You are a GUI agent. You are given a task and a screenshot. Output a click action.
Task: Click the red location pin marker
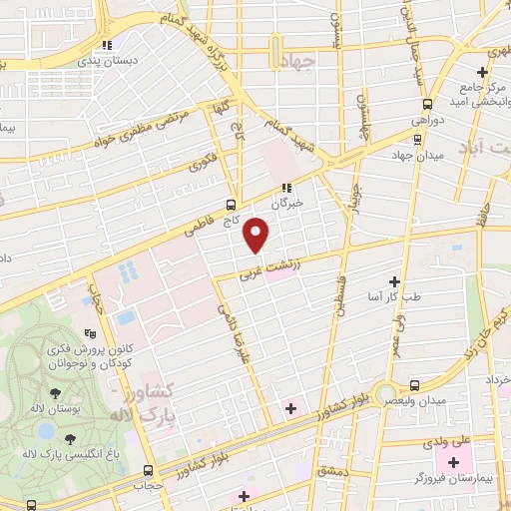click(x=257, y=234)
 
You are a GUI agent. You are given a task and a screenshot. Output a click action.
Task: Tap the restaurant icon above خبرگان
click(x=285, y=187)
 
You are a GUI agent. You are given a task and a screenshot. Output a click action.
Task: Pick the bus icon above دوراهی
click(x=427, y=105)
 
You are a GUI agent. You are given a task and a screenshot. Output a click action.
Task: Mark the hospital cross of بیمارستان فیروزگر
click(x=455, y=462)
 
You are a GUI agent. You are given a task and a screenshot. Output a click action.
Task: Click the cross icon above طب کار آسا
click(x=395, y=282)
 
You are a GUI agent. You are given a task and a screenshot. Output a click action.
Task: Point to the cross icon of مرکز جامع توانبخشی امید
click(x=483, y=72)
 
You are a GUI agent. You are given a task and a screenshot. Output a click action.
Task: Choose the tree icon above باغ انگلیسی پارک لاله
click(x=69, y=438)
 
